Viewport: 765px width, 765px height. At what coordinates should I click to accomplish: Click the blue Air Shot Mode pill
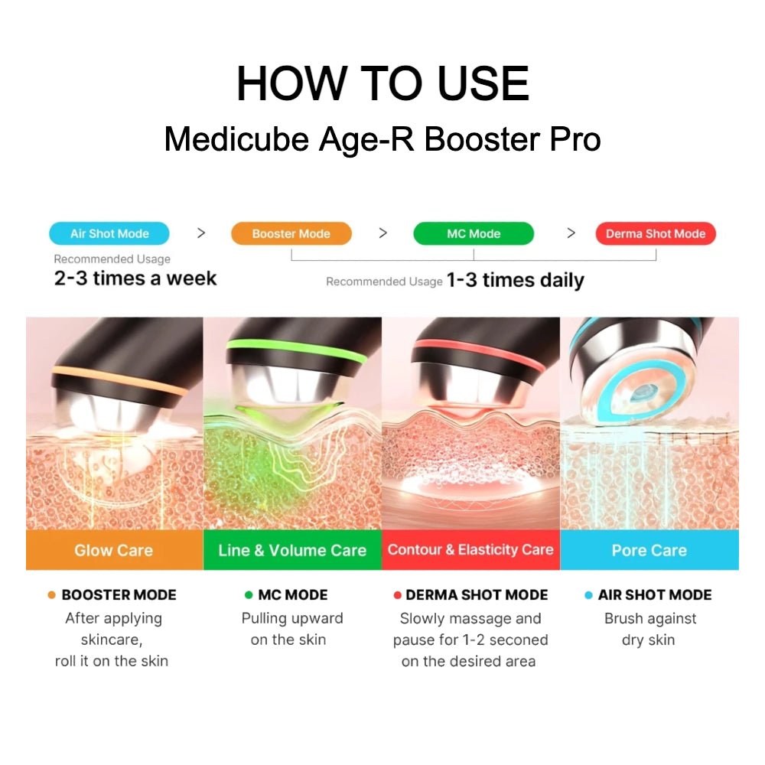[109, 233]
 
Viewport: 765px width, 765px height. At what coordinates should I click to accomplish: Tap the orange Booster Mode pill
[291, 233]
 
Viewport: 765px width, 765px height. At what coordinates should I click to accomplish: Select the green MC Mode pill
[474, 233]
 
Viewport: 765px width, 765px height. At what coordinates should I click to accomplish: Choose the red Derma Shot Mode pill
[656, 233]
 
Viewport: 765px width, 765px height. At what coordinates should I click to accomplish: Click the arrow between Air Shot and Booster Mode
[201, 233]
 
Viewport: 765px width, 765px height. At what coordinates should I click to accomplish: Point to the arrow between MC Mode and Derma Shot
[571, 233]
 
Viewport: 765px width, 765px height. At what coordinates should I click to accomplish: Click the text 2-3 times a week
[135, 278]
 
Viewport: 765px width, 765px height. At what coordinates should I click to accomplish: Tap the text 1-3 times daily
[515, 281]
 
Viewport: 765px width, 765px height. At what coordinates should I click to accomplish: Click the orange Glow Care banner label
[114, 550]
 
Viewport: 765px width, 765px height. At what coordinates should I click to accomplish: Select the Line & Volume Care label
[292, 550]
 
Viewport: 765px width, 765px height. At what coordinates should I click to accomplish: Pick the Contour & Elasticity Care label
[470, 550]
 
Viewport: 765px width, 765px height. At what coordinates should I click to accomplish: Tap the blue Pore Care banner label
[649, 550]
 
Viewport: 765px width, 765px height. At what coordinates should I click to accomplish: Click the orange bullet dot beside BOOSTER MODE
[52, 594]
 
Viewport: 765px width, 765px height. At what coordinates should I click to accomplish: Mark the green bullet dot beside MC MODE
[249, 594]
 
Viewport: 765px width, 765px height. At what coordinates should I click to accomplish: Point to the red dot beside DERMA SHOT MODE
[397, 594]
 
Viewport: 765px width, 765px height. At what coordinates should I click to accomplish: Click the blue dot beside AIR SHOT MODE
[588, 594]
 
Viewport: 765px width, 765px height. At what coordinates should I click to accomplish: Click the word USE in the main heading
[483, 83]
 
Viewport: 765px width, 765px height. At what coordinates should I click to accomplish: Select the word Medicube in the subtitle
[236, 139]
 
